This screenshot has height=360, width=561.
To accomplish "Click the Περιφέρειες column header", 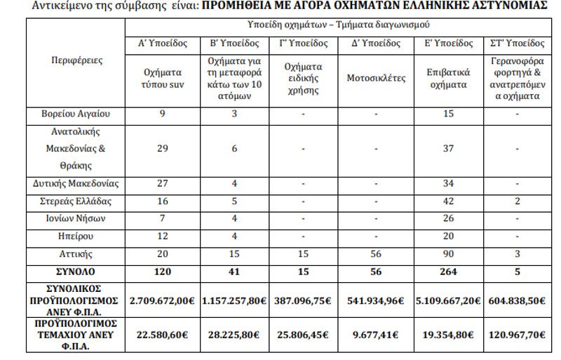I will pyautogui.click(x=77, y=61).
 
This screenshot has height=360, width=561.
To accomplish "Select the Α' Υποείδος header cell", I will pyautogui.click(x=162, y=42).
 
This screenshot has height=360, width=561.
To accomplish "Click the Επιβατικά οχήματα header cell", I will pyautogui.click(x=446, y=78).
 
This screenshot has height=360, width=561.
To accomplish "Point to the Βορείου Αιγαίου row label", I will pyautogui.click(x=77, y=113).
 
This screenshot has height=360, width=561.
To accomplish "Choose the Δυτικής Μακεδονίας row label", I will pyautogui.click(x=77, y=185).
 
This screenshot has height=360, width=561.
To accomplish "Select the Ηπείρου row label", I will pyautogui.click(x=77, y=236).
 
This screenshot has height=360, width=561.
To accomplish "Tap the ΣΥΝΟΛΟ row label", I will pyautogui.click(x=77, y=272).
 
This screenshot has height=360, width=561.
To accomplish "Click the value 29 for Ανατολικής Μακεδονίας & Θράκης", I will pyautogui.click(x=162, y=148).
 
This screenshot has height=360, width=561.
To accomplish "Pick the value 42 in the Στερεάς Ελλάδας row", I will pyautogui.click(x=446, y=202).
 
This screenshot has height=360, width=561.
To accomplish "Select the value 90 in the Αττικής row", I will pyautogui.click(x=446, y=254).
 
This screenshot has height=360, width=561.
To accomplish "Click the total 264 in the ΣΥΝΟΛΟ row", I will pyautogui.click(x=446, y=272).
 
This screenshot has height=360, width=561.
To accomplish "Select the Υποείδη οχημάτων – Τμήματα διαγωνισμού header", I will pyautogui.click(x=339, y=25).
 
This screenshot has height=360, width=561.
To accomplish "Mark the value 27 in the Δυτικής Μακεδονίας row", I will pyautogui.click(x=162, y=185).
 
